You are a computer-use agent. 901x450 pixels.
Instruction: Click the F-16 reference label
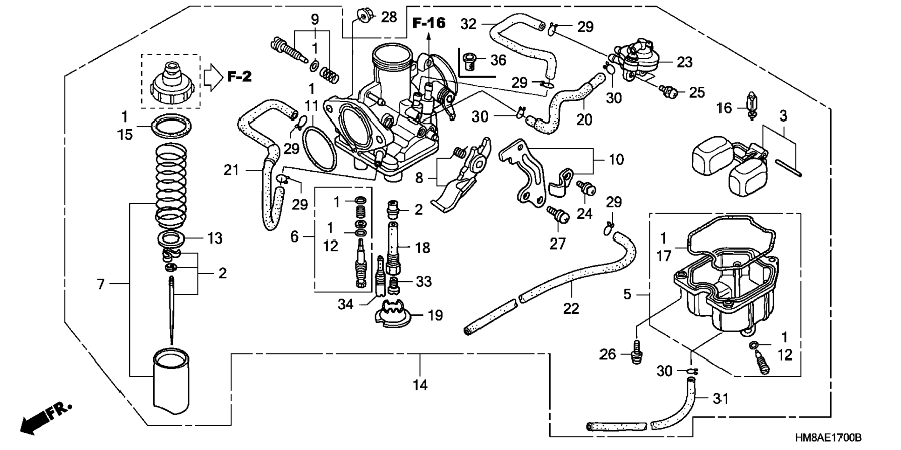429,23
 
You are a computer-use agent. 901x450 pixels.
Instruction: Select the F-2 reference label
239,77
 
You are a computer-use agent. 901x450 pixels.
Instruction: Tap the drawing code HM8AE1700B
828,438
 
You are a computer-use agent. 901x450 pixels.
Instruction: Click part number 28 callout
389,17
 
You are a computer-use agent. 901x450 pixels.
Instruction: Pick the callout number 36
498,60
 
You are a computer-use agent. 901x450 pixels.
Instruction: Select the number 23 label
684,62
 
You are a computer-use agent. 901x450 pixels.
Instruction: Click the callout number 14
420,385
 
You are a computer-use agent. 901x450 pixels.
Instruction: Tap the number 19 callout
435,316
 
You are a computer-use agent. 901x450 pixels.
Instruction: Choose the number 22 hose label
571,309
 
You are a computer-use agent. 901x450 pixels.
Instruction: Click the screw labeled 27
559,215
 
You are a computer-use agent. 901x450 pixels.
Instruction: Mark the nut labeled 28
364,15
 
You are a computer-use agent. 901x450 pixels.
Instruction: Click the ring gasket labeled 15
172,125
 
